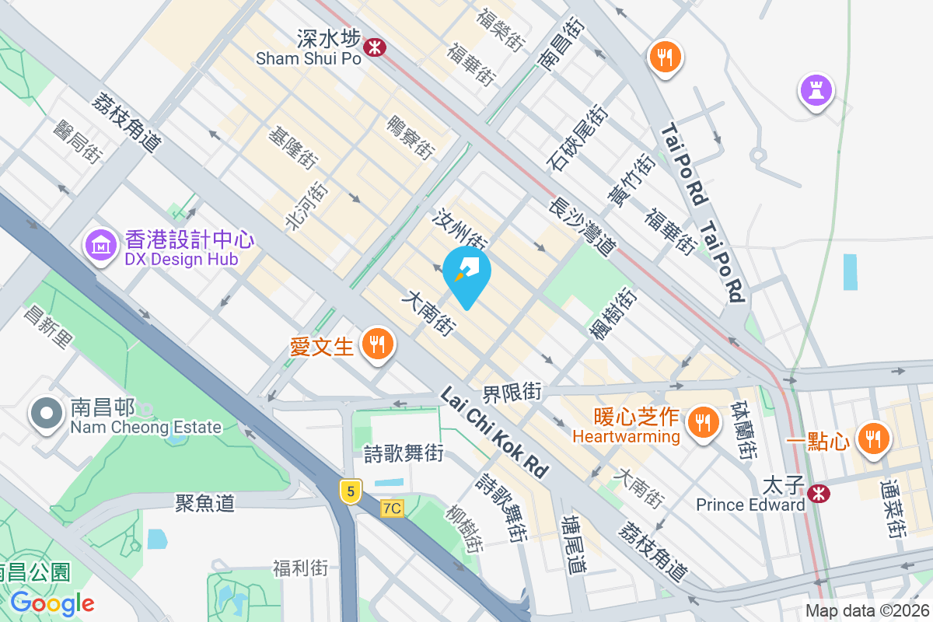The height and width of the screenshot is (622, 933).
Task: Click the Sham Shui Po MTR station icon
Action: point(376,47)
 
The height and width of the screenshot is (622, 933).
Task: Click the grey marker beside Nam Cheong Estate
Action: point(46,414)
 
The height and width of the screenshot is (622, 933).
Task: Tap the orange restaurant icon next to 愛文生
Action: point(377,343)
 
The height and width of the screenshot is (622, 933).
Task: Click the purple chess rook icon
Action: point(816,91)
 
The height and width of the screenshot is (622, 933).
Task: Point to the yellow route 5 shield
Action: point(351,491)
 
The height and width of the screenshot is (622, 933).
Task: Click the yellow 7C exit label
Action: point(393,508)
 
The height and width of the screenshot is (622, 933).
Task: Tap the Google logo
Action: point(52,603)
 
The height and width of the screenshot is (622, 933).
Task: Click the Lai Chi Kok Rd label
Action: point(494,433)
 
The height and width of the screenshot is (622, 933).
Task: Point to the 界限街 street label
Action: point(512,392)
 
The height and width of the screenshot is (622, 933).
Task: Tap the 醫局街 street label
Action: point(77,141)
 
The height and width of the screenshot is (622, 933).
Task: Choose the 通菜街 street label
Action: point(893,509)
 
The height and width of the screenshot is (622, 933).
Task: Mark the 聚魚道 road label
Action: point(205,503)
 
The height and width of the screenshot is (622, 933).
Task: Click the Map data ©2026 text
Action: point(867,611)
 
